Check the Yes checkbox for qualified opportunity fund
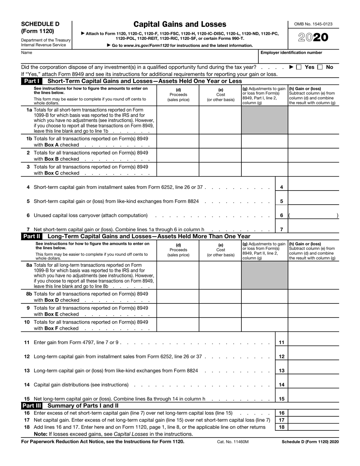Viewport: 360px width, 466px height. [x=299, y=67]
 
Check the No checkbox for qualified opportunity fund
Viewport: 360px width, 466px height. [x=320, y=67]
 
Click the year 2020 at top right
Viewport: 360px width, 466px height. [x=313, y=38]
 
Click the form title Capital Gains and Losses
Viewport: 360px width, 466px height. [x=180, y=24]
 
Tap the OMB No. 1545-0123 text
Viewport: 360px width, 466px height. [x=313, y=24]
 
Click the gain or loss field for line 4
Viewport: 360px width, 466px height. [x=313, y=187]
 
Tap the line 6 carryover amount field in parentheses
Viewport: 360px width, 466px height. [x=313, y=215]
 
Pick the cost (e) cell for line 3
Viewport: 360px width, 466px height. [x=220, y=169]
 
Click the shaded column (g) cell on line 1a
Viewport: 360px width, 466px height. [x=264, y=120]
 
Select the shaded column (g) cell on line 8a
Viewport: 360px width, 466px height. [x=264, y=275]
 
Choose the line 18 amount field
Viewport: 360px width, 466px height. [x=313, y=427]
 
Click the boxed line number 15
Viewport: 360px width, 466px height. [x=282, y=399]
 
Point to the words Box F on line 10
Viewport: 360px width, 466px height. [x=52, y=328]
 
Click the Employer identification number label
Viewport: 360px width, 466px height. [x=291, y=53]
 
